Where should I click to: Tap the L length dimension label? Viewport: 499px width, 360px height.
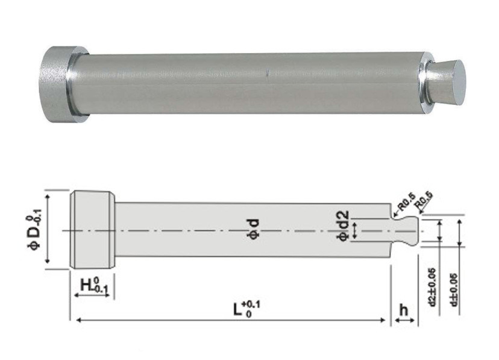(x=242, y=309)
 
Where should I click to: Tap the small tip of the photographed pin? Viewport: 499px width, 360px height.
(x=449, y=82)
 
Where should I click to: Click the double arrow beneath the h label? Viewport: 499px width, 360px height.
(x=404, y=321)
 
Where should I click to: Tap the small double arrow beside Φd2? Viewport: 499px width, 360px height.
(x=355, y=230)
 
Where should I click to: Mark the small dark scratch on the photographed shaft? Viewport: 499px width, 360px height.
(x=266, y=74)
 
